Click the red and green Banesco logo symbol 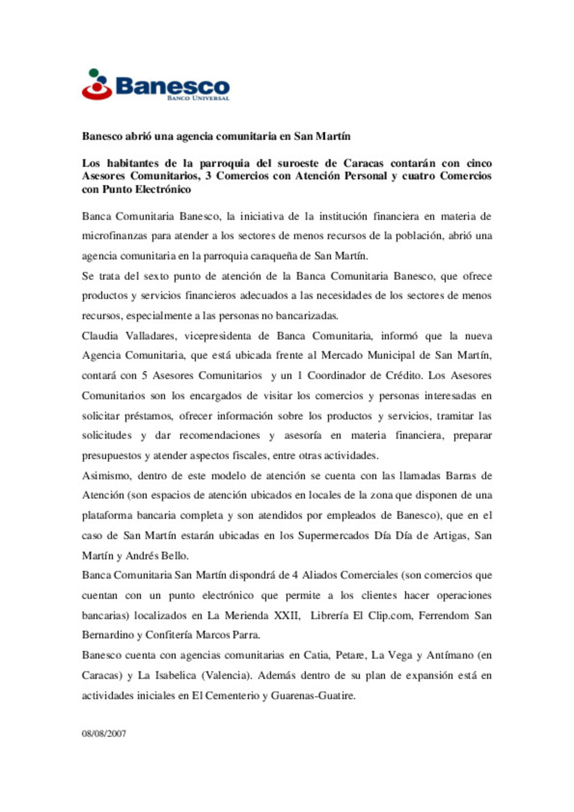(97, 84)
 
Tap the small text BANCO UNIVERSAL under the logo (198, 98)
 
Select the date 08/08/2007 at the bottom (104, 734)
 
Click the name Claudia (100, 336)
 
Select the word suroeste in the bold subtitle (298, 163)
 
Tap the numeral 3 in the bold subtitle (208, 176)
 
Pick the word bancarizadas (307, 316)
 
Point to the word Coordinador (336, 376)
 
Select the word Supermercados (333, 536)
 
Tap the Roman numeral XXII (286, 616)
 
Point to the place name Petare (350, 656)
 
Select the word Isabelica (175, 676)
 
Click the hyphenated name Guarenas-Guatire (313, 696)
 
